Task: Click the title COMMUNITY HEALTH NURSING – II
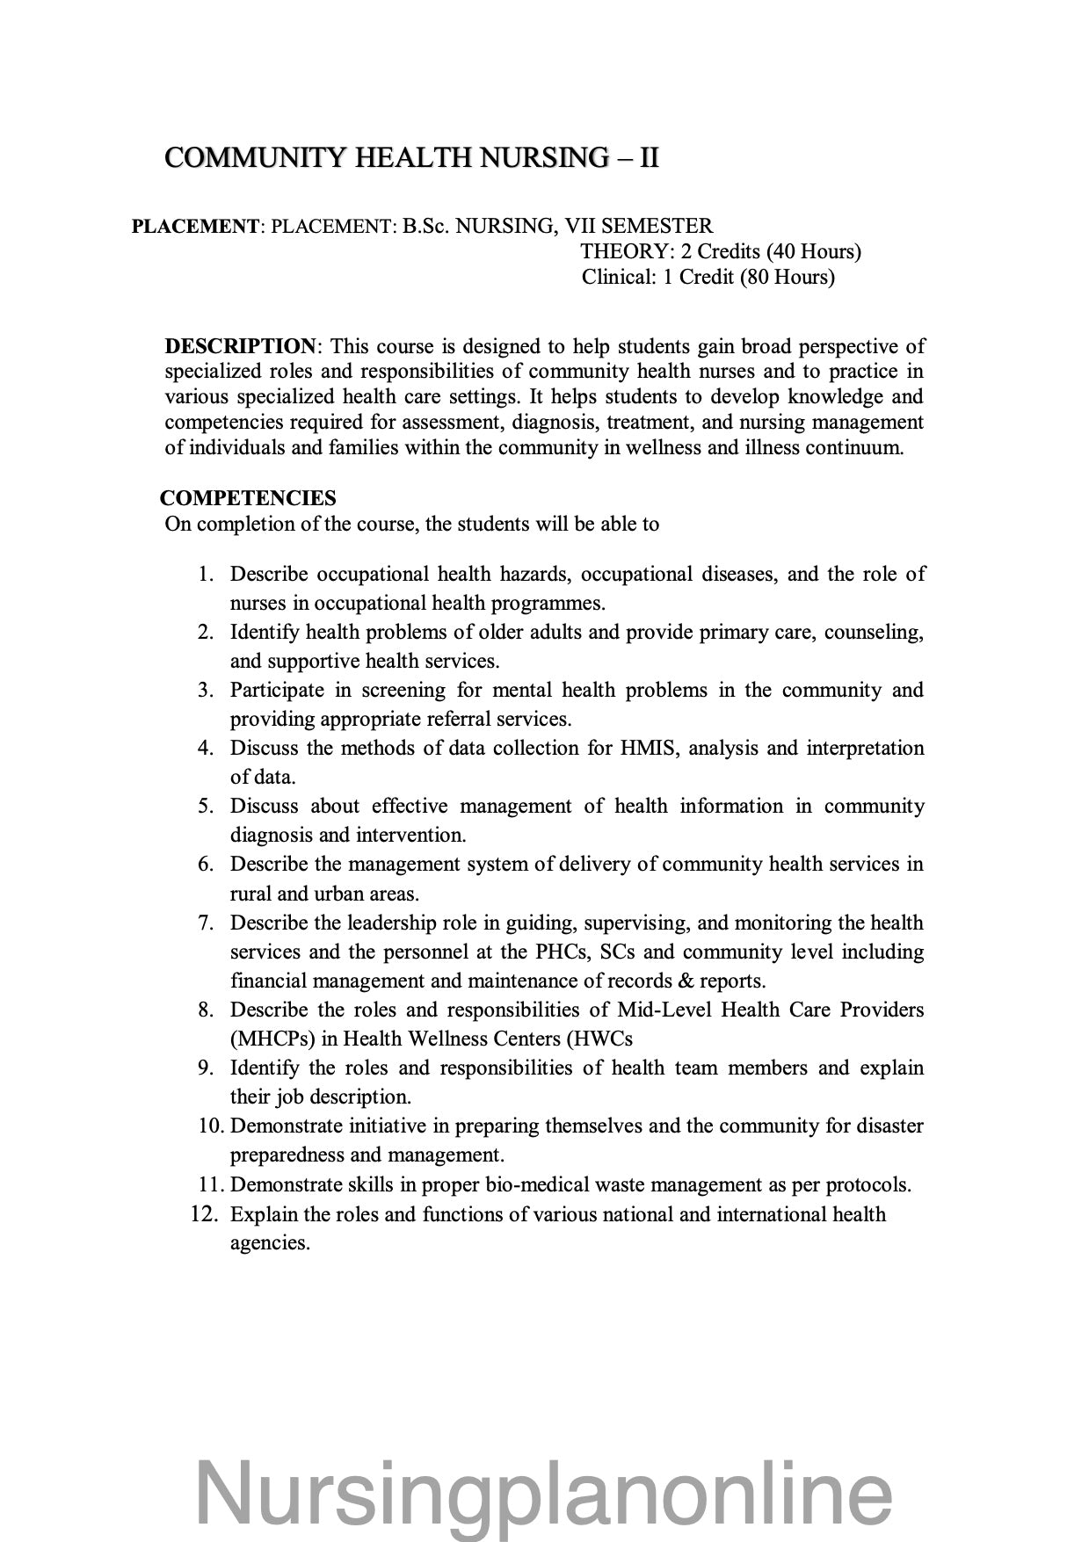click(411, 158)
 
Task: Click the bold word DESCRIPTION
click(239, 346)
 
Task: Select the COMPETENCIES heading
click(248, 498)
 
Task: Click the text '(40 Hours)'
click(813, 252)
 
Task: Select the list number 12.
click(204, 1214)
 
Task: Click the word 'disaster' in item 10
click(888, 1126)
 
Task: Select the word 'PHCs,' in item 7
click(562, 952)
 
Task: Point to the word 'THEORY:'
click(626, 252)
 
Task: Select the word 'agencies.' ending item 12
click(271, 1243)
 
